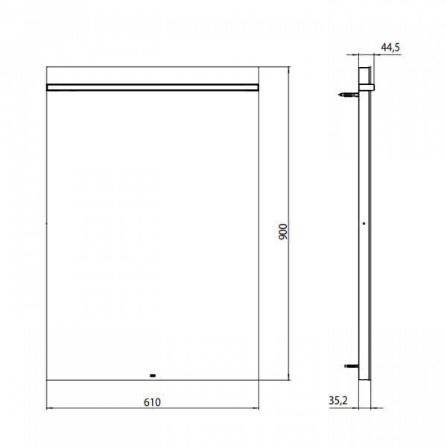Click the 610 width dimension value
pyautogui.click(x=152, y=402)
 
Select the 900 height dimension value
pyautogui.click(x=282, y=231)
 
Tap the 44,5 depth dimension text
pyautogui.click(x=390, y=47)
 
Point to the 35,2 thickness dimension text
pyautogui.click(x=338, y=402)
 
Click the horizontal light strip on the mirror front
pyautogui.click(x=153, y=87)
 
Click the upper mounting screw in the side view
pyautogui.click(x=347, y=95)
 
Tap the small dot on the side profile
pyautogui.click(x=362, y=223)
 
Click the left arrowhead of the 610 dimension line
pyautogui.click(x=48, y=408)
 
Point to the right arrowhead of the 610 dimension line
pyautogui.click(x=257, y=408)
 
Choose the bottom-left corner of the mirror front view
pyautogui.click(x=47, y=379)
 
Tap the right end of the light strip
pyautogui.click(x=258, y=87)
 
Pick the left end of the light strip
pyautogui.click(x=48, y=87)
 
